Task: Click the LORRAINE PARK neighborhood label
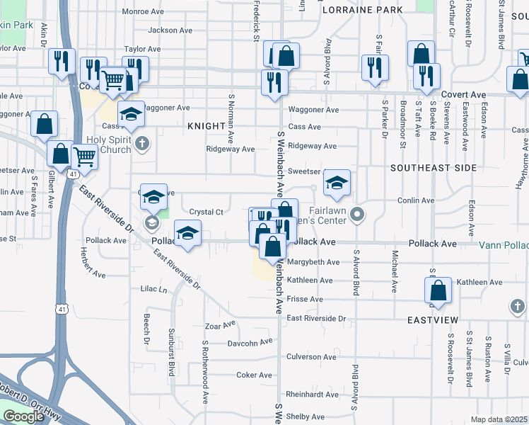coord(362,10)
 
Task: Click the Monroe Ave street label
coord(143,11)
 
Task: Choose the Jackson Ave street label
coord(170,30)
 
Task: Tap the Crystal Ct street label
coord(207,212)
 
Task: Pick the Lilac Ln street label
coord(153,290)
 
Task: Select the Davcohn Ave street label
coord(249,342)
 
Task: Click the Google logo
coord(23,416)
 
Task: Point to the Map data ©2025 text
coord(499,419)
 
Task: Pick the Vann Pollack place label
coord(504,244)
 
